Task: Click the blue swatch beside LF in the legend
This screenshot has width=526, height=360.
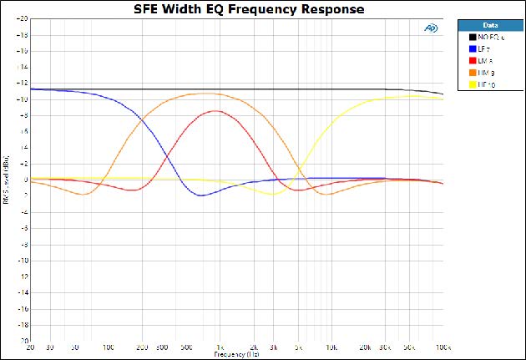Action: coord(471,49)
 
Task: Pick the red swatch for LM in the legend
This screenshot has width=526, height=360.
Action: coord(471,61)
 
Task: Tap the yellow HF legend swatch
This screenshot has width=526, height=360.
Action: coord(471,84)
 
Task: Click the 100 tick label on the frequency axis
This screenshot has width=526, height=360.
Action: coord(109,347)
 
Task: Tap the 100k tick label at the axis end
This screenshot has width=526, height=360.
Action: coord(442,347)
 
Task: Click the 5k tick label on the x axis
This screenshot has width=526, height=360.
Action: coord(298,347)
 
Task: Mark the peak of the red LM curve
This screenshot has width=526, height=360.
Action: coord(216,110)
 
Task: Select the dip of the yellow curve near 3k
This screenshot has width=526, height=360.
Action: coord(272,195)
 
